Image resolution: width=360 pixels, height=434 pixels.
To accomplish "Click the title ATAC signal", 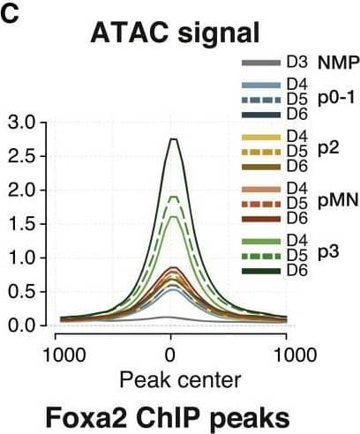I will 173,35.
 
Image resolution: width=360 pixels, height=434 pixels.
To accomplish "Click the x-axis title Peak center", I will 173,380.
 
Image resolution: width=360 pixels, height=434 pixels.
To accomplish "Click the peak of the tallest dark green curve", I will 174,138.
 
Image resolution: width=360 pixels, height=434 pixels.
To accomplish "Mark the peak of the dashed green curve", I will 174,197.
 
